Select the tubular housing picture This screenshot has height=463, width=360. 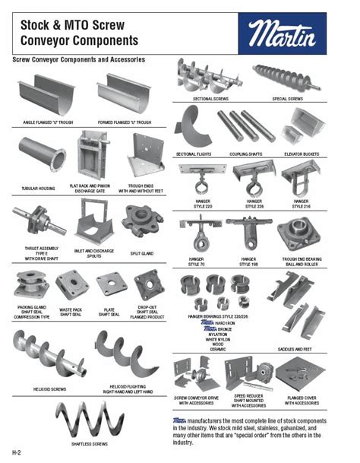point(42,155)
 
